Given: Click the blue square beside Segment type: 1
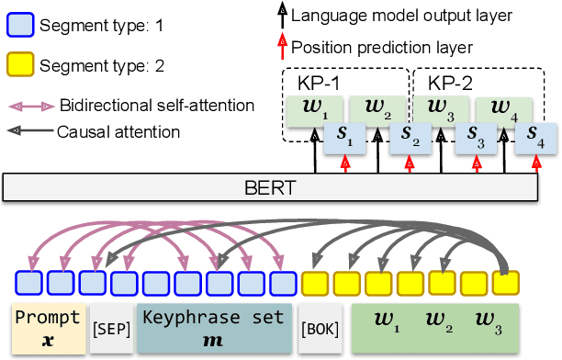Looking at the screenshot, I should tap(19, 26).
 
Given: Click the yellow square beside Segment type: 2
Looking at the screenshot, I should tap(19, 65).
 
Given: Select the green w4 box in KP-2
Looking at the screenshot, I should tap(501, 112).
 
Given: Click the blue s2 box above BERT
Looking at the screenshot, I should tap(409, 139).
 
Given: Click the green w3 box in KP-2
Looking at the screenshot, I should tap(439, 112).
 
